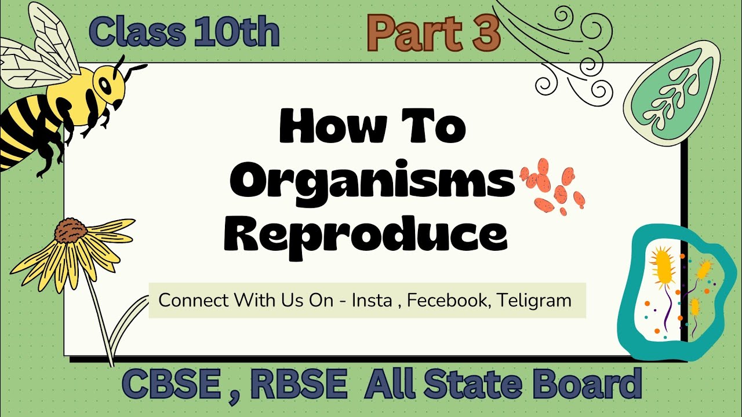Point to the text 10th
[x=237, y=32]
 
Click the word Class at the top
[x=137, y=32]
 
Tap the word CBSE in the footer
[x=171, y=385]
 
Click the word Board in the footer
[x=587, y=384]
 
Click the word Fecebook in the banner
[x=447, y=301]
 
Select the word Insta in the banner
[x=372, y=301]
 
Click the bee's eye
[x=106, y=85]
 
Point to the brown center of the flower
[x=71, y=231]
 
